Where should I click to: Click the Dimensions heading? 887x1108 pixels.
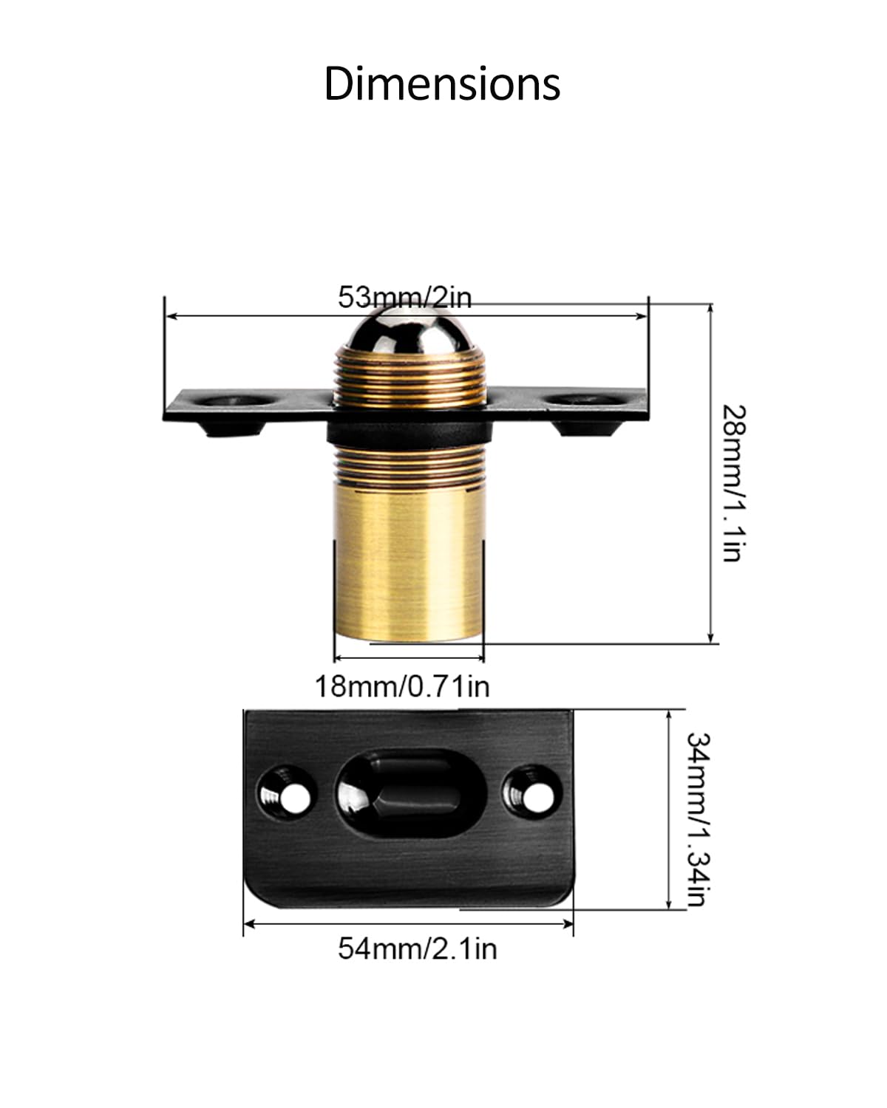point(442,84)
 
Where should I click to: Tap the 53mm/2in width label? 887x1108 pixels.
point(404,297)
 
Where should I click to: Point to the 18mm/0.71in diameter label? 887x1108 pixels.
point(402,686)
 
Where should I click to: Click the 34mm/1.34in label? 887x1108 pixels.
point(699,819)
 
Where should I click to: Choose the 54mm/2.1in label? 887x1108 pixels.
point(418,948)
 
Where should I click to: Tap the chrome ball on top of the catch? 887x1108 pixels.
point(409,329)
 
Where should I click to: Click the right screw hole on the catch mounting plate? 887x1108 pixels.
point(584,399)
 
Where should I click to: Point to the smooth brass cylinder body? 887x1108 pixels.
point(409,564)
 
